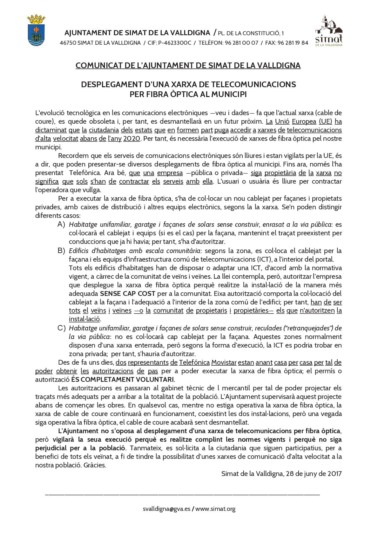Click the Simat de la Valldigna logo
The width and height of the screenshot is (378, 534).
(x=329, y=31)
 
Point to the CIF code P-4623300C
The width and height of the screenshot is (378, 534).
(x=174, y=43)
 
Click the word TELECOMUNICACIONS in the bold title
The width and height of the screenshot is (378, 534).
(x=253, y=85)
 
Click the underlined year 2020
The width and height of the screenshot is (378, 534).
(x=132, y=139)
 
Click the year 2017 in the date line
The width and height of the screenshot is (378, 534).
(x=334, y=474)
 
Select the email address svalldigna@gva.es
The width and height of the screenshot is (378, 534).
(x=166, y=509)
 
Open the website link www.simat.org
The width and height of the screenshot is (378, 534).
(x=215, y=509)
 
